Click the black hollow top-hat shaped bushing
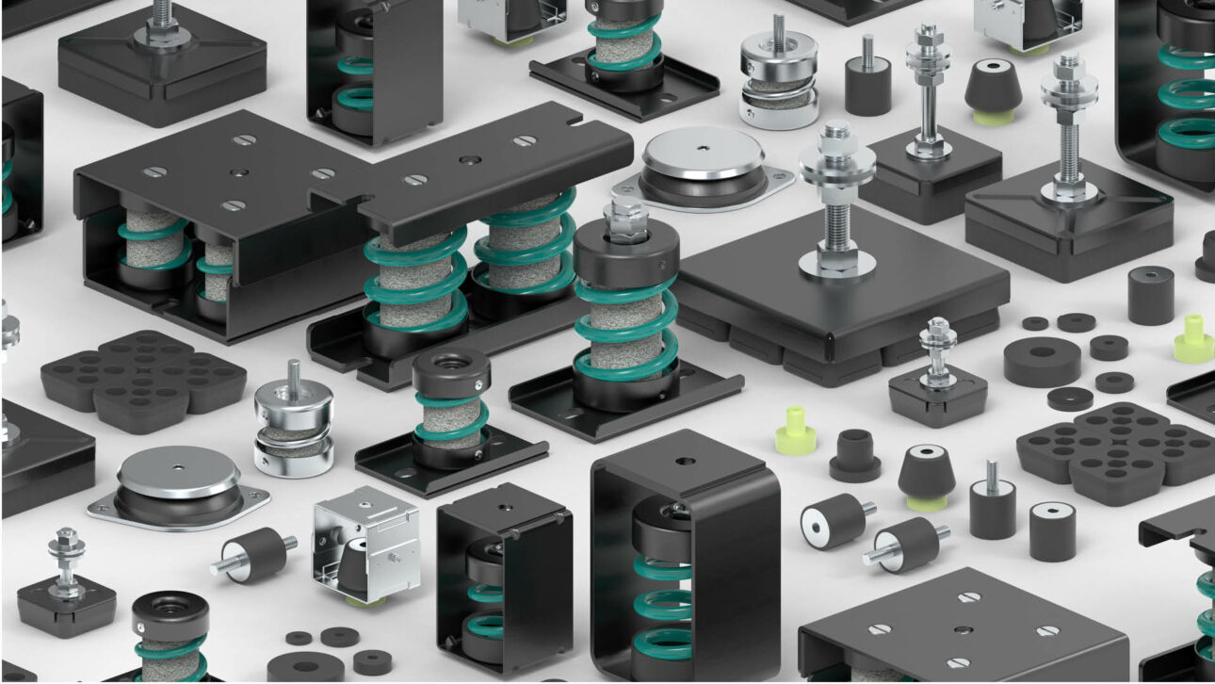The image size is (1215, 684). (853, 454)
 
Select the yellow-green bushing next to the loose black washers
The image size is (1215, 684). (1193, 339)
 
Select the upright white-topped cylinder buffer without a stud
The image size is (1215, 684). (1052, 530)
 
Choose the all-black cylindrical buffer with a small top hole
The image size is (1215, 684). (1151, 295)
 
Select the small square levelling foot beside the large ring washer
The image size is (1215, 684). (937, 387)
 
